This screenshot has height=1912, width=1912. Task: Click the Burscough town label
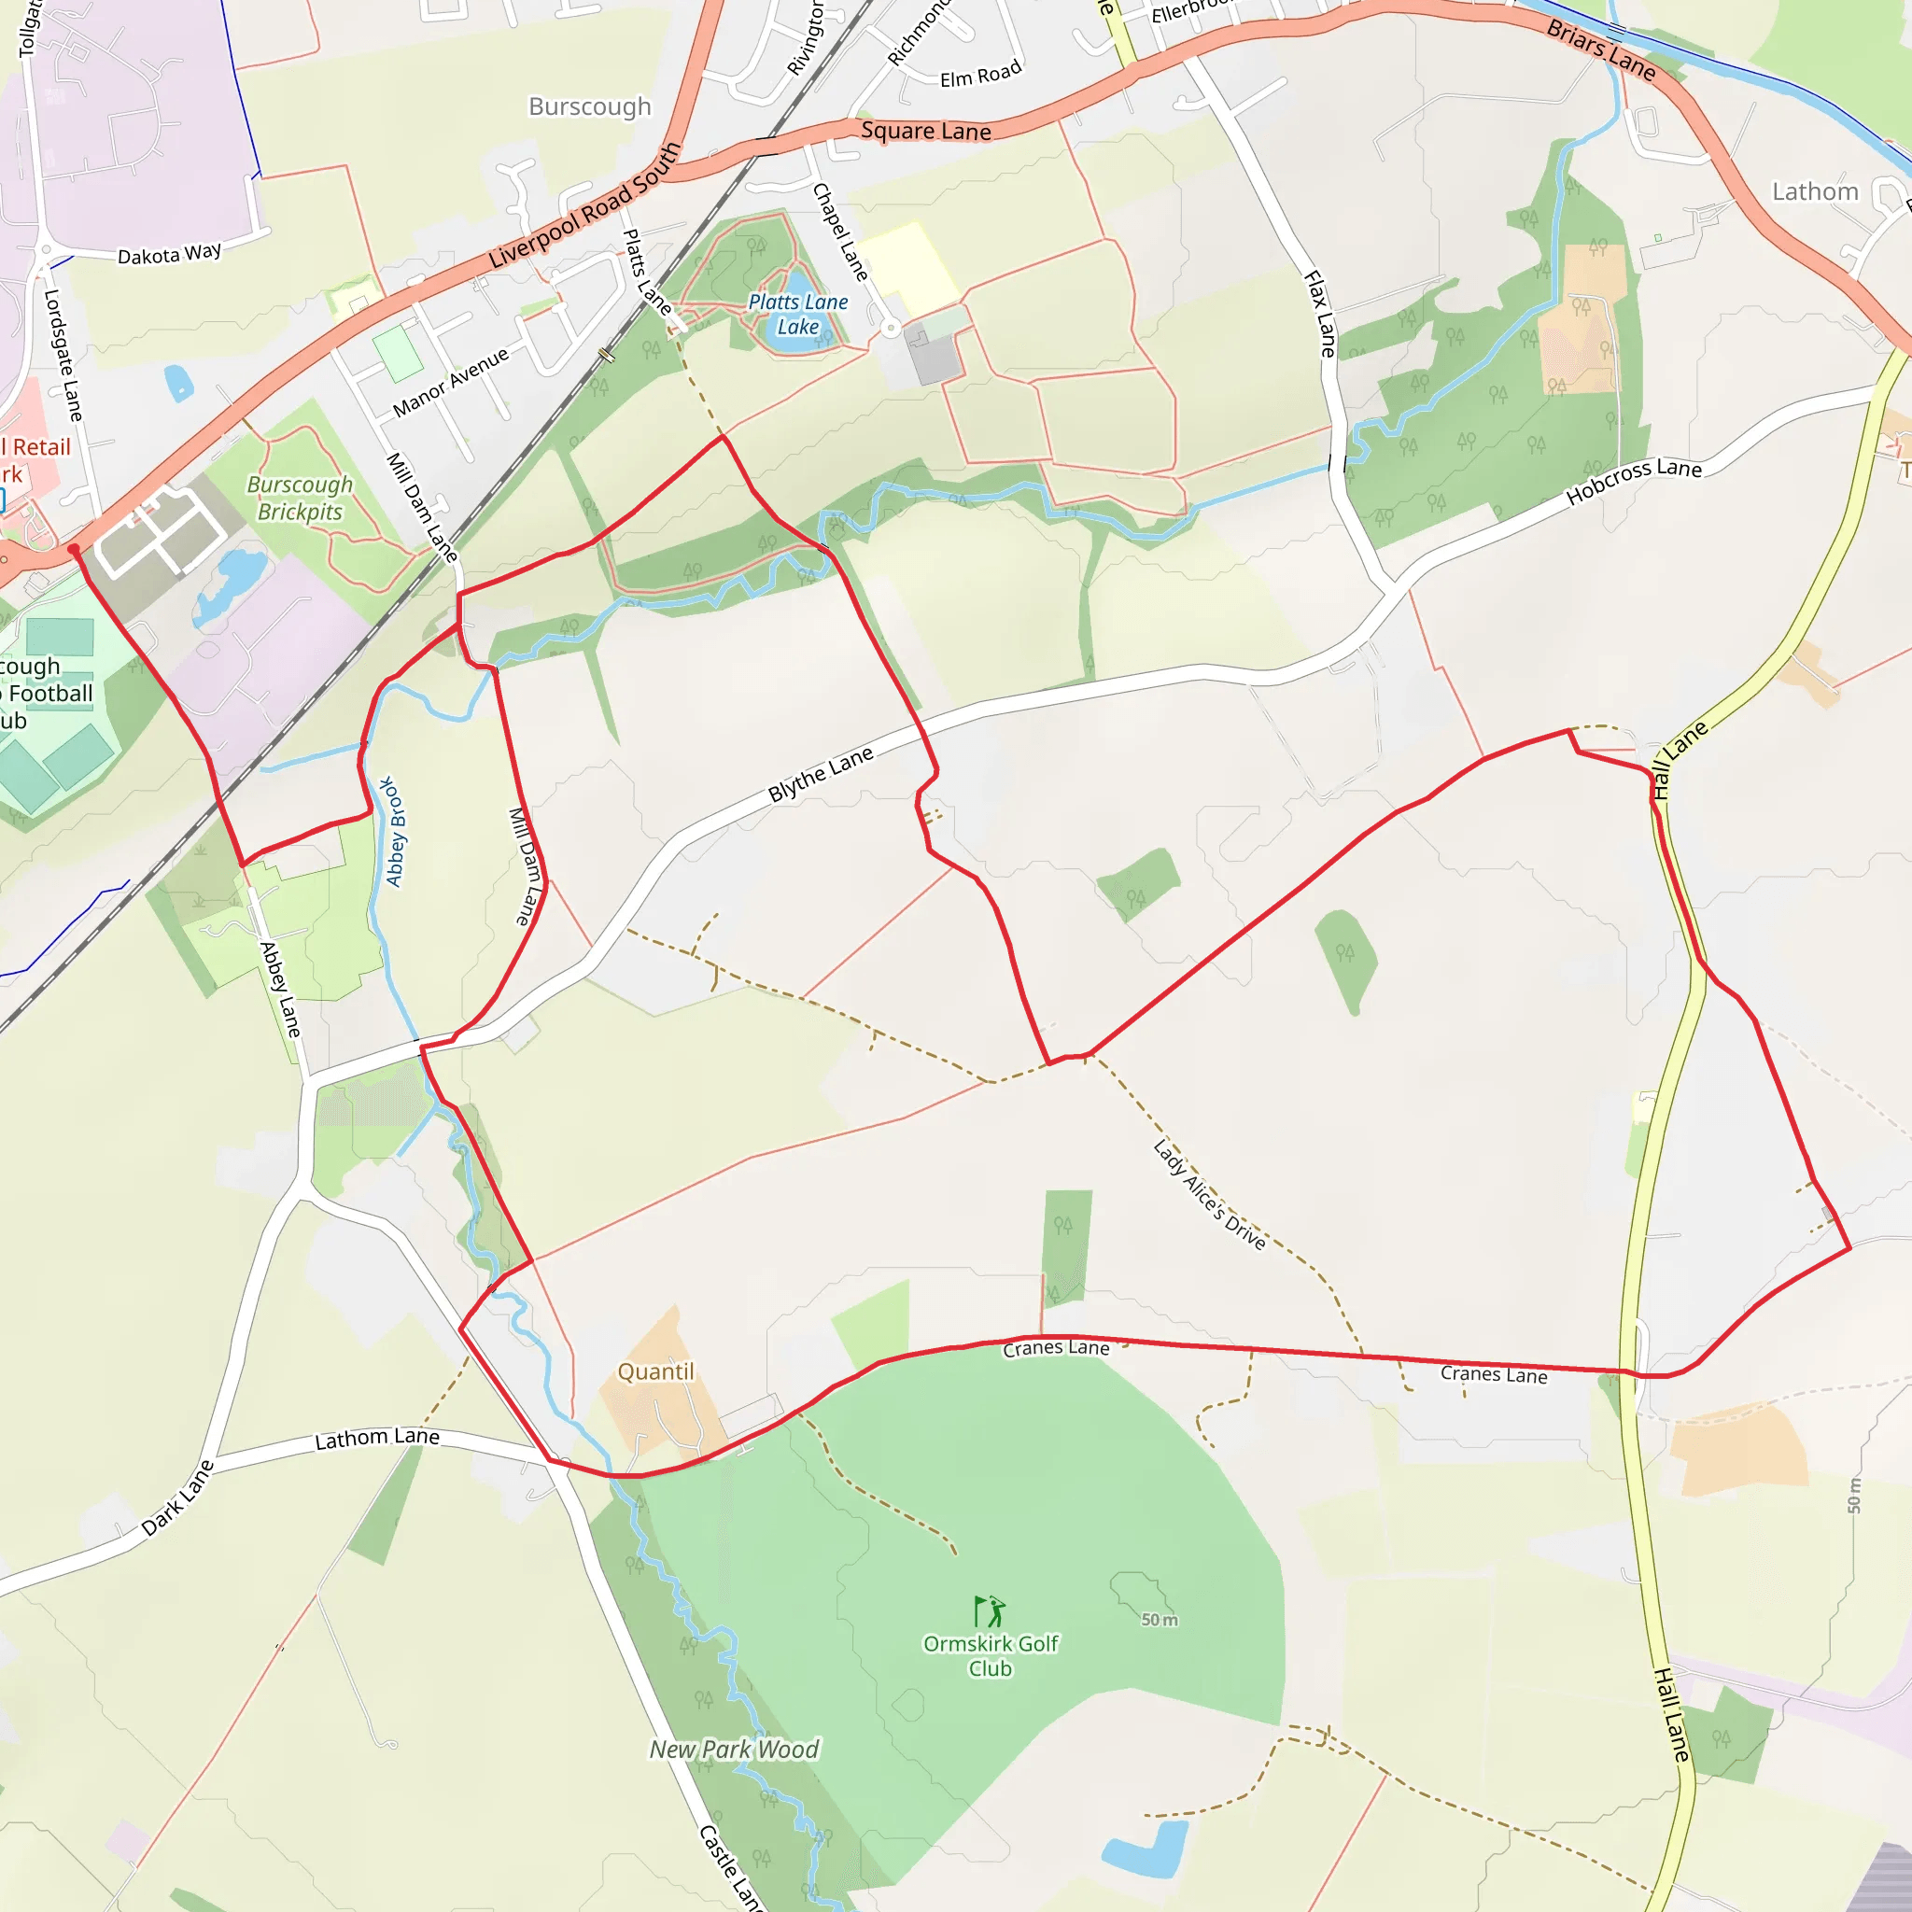(590, 105)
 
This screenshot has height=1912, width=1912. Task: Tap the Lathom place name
(1815, 191)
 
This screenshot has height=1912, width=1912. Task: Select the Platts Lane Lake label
(797, 314)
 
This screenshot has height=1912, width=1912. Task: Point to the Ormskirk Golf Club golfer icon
(989, 1611)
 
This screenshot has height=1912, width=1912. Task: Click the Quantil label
(656, 1371)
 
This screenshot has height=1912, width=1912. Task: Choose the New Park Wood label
(735, 1750)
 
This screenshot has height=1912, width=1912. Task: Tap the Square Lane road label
(925, 131)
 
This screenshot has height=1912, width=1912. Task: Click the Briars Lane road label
(1600, 50)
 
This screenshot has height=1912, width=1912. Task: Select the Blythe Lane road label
(821, 773)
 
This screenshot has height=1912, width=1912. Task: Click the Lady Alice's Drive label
(1209, 1194)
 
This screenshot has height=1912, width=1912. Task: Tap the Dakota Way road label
(169, 254)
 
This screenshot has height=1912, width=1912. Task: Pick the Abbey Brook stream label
(394, 831)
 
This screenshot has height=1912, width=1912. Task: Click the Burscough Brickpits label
(300, 498)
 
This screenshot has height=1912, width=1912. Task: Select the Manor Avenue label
(450, 382)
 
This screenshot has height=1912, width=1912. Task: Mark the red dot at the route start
(73, 549)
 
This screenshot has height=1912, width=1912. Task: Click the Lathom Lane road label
(377, 1438)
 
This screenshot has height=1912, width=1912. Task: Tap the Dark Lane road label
(177, 1498)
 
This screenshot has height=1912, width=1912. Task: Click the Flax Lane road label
(1320, 314)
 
